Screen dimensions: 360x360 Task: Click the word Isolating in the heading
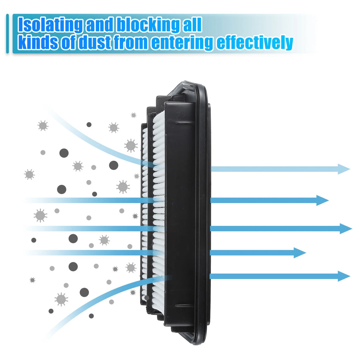[50, 25]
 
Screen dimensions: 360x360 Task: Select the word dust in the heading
[95, 42]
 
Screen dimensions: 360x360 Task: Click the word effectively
[255, 43]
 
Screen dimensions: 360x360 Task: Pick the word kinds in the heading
[38, 42]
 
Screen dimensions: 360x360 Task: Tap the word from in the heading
[131, 42]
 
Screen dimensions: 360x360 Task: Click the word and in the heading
[99, 25]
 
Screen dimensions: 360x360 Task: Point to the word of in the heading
[68, 42]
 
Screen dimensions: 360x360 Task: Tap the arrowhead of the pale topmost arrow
[344, 169]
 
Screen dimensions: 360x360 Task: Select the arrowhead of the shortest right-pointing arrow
[300, 253]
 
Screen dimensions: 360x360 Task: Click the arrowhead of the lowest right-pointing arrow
[344, 276]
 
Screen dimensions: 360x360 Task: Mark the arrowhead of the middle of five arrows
[346, 229]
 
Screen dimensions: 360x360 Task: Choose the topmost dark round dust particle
[89, 124]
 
